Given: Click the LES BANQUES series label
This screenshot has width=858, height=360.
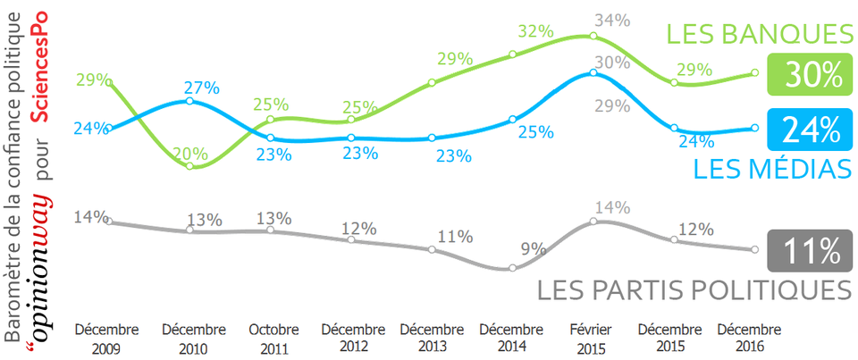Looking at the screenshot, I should [758, 35].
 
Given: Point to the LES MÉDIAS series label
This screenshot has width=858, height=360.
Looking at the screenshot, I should [770, 168].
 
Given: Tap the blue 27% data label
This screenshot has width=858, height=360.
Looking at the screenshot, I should [202, 88].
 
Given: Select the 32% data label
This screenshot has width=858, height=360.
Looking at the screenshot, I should [535, 32].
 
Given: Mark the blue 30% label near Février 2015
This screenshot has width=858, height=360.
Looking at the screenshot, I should [613, 63].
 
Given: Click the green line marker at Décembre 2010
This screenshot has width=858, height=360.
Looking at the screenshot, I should [190, 167].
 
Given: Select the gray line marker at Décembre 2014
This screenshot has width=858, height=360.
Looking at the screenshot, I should [512, 268].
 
